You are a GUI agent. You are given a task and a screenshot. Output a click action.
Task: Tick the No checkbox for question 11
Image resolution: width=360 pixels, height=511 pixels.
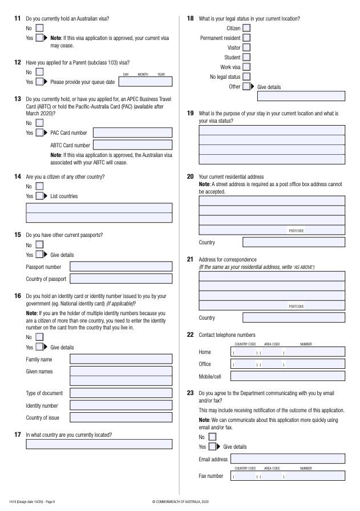(x=39, y=27)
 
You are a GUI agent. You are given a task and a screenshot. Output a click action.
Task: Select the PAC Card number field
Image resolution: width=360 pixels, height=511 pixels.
(x=132, y=133)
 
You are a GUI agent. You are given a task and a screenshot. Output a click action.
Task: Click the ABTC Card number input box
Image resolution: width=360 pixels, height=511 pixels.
(x=132, y=146)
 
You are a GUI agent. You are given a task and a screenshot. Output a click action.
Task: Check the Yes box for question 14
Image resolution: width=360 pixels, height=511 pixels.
(x=39, y=196)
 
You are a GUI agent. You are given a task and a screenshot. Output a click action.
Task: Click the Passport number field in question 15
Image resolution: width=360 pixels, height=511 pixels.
(x=120, y=266)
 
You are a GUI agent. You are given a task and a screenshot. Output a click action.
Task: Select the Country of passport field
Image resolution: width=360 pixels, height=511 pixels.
(x=120, y=279)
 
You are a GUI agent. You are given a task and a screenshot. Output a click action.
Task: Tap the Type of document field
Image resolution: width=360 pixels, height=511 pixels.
(x=120, y=393)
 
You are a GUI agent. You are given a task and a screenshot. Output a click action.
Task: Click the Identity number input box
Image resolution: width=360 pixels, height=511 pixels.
(x=120, y=405)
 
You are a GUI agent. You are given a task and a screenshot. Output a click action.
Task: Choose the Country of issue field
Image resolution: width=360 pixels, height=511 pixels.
(x=120, y=417)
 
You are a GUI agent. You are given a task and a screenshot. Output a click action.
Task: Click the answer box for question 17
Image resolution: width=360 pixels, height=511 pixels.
(x=99, y=444)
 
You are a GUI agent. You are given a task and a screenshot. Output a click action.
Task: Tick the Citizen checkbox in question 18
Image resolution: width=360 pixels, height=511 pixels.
(x=246, y=28)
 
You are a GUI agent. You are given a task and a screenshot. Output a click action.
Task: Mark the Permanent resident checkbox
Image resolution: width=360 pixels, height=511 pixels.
(x=246, y=38)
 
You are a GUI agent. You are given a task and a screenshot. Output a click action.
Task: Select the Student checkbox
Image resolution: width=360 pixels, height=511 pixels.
(x=246, y=57)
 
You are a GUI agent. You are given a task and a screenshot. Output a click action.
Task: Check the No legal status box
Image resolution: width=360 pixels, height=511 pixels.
(x=246, y=77)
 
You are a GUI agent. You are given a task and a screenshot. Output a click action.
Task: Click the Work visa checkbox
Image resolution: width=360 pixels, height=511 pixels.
(x=246, y=67)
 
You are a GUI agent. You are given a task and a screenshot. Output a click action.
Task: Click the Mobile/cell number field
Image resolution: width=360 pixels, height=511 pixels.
(x=288, y=376)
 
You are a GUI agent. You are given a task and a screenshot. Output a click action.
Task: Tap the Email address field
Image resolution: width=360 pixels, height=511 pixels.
(x=288, y=458)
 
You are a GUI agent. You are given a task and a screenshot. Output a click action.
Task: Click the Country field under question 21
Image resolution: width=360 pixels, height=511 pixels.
(x=294, y=317)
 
